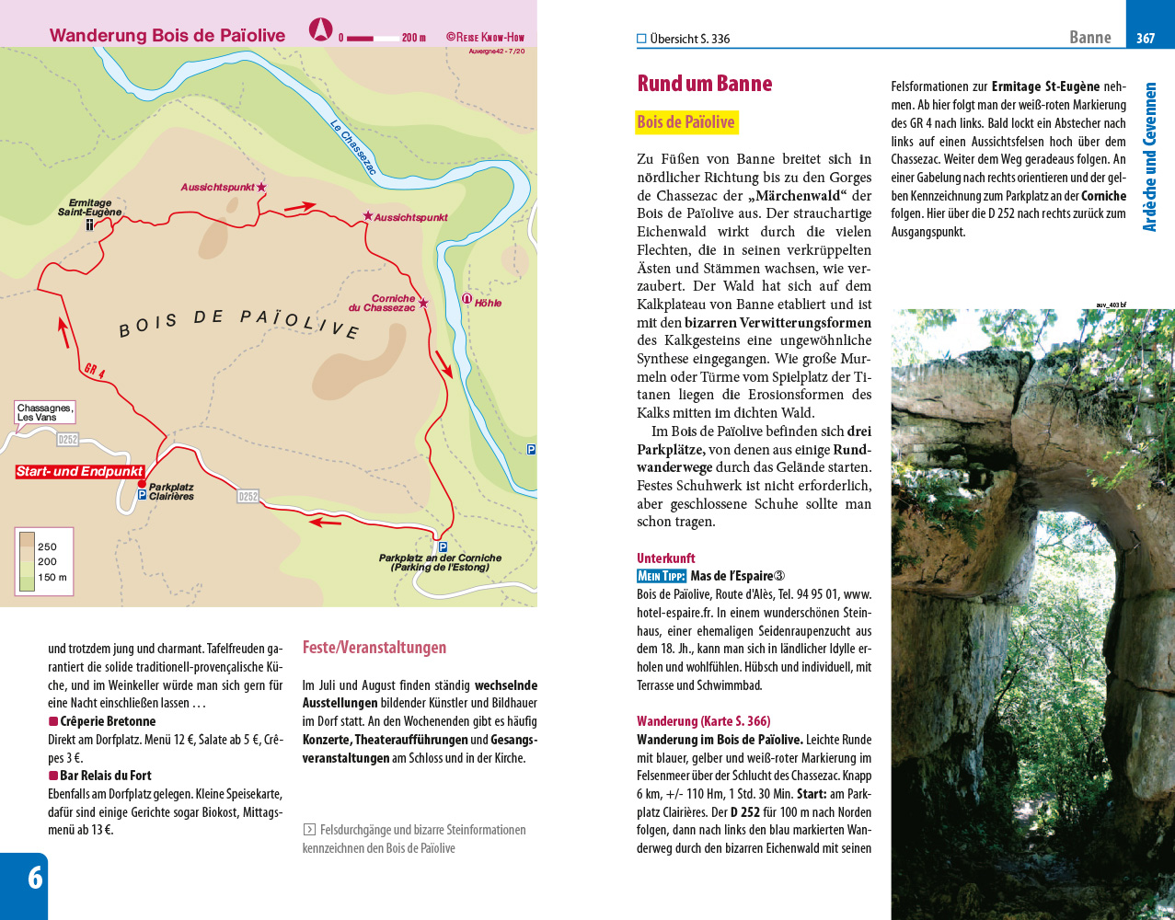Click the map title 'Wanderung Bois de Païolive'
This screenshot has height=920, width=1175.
coord(167,36)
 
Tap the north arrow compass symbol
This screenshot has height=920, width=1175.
coord(320,29)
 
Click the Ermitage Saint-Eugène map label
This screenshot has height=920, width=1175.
coord(89,208)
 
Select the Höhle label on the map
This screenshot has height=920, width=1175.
coord(488,303)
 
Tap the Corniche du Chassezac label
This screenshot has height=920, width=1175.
coord(383,304)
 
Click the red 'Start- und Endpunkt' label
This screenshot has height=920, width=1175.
coord(80,472)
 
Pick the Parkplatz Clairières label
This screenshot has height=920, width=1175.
coord(171,492)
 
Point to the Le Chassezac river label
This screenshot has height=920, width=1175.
coord(353,148)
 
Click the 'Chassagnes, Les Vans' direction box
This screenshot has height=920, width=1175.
coord(44,412)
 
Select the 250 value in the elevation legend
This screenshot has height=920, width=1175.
coord(47,546)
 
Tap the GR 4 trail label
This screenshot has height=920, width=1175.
coord(95,371)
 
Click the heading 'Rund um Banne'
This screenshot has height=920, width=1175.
coord(704,84)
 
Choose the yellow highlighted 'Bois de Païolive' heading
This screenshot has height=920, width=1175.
coord(685,122)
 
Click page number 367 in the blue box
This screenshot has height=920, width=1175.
coord(1146,38)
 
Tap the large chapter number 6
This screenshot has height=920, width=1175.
coord(34,878)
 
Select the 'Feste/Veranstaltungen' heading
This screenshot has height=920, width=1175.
coord(374,648)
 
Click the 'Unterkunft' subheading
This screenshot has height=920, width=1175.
coord(665,558)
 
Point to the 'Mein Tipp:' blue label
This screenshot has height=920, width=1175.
coord(661,576)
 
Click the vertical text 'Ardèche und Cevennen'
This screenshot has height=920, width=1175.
coord(1149,157)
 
